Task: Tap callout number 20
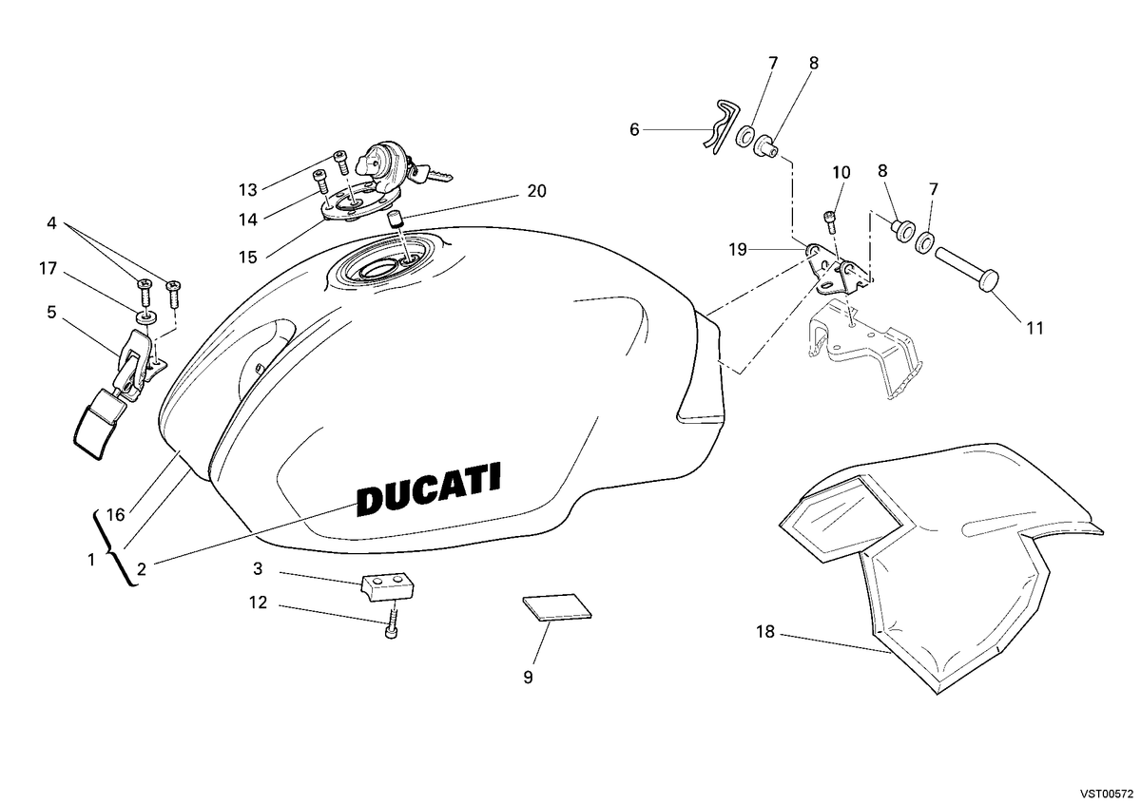point(536,191)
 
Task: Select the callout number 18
point(765,631)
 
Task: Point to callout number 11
point(1035,328)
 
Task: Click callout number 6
point(634,130)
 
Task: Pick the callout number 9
point(529,678)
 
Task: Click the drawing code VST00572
point(1106,794)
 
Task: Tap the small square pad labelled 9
point(557,607)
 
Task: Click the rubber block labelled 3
point(388,586)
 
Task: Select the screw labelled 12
point(391,624)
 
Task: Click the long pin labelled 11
point(967,269)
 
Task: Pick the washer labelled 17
point(146,318)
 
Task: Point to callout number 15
point(248,258)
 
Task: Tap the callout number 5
point(51,312)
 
